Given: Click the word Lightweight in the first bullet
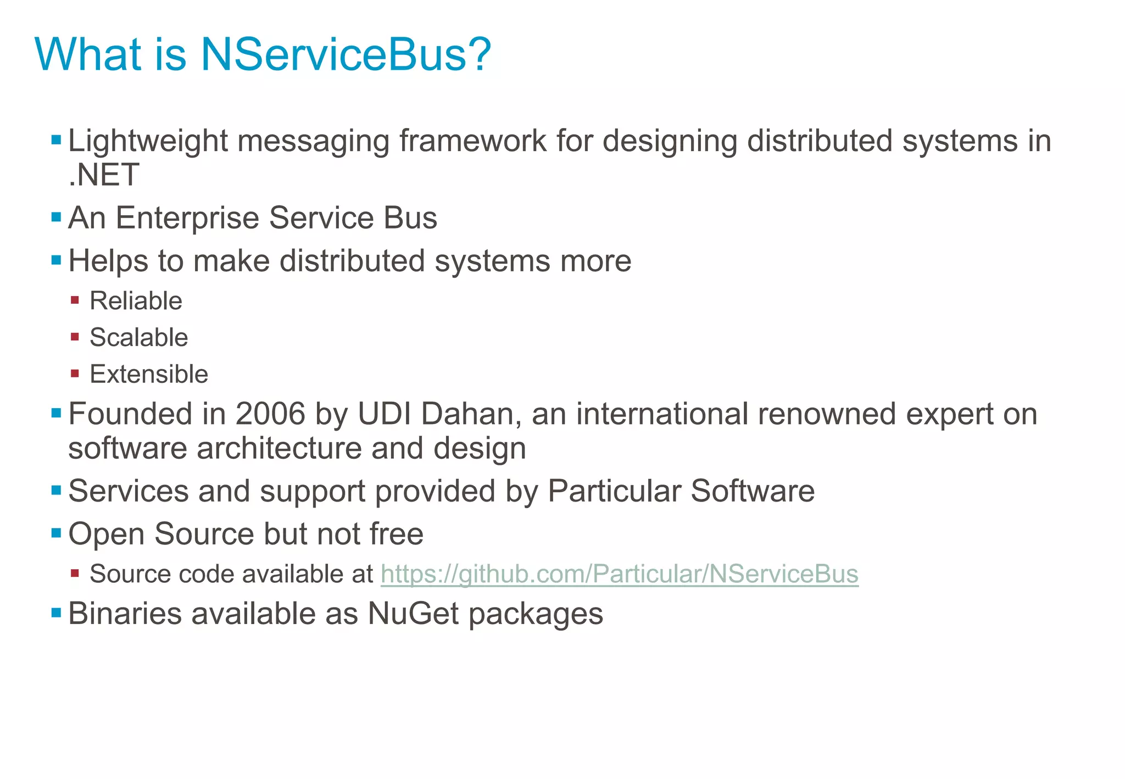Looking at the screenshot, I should (148, 141).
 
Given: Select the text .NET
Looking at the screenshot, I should (104, 175).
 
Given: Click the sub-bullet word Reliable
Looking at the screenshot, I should (136, 301).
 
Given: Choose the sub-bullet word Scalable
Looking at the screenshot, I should (138, 338).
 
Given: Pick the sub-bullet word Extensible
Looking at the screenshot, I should (149, 375).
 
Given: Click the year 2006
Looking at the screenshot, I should (270, 414).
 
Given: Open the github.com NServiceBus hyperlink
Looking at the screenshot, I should (619, 574).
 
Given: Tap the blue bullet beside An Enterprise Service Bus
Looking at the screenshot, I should (56, 217).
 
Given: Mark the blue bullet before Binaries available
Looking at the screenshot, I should (56, 613).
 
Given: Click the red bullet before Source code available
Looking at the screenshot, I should (75, 574).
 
